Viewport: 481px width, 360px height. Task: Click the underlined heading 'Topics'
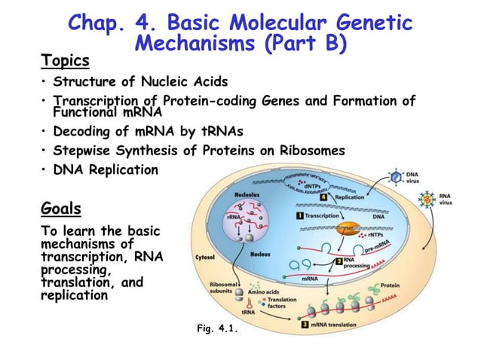[x=65, y=60]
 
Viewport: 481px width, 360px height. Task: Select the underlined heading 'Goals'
[x=62, y=207]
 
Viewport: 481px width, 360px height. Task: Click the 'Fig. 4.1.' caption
[x=216, y=328]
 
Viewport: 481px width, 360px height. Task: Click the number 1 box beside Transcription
[x=300, y=215]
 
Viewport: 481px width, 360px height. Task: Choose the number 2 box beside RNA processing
[x=339, y=261]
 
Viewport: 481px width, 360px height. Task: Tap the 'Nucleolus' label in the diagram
[x=248, y=194]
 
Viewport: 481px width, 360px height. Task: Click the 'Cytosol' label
[x=207, y=256]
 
